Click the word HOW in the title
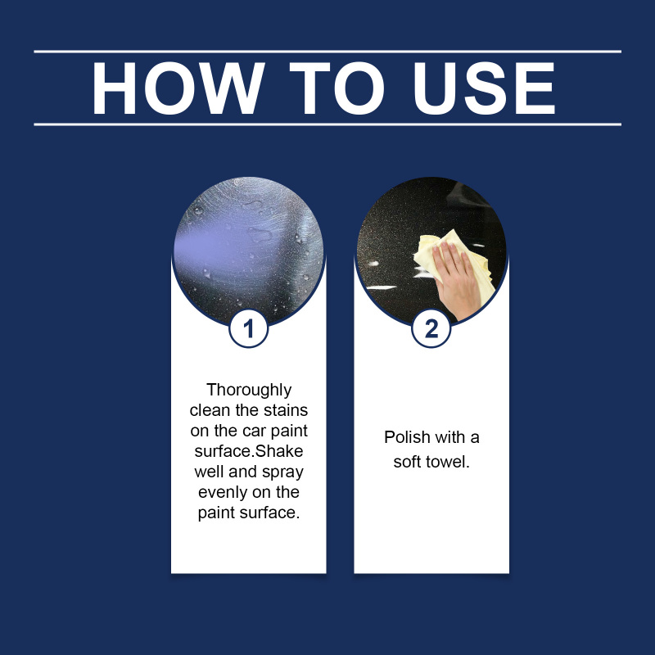178,88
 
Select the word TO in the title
337,88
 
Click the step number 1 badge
249,328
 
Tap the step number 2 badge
431,328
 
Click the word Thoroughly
249,391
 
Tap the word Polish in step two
407,437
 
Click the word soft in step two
405,462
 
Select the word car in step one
255,431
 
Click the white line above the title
327,52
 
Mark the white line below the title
327,124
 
